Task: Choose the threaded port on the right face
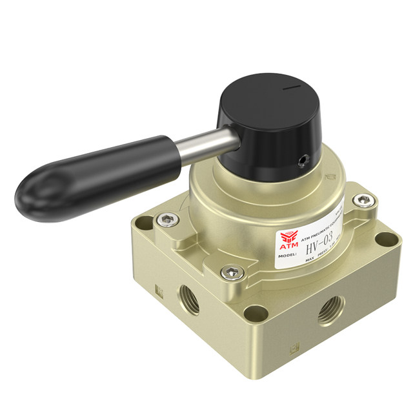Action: click(330, 311)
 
